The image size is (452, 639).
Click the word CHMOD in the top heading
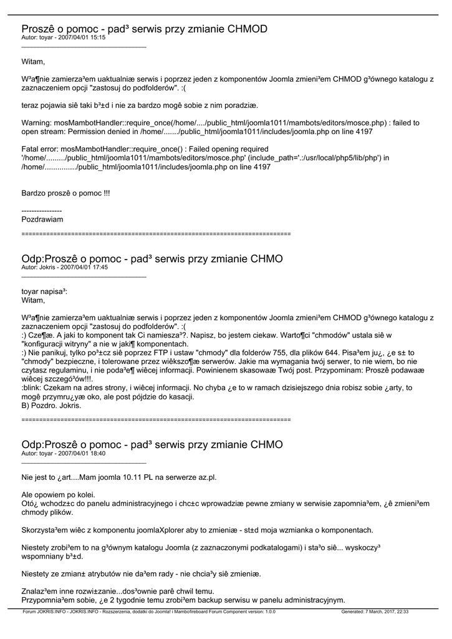click(x=247, y=29)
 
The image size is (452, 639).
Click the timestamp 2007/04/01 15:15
click(x=83, y=37)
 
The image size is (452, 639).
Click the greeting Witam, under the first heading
click(x=33, y=61)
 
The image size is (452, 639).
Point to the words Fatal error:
click(x=41, y=149)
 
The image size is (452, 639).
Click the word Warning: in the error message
click(x=38, y=123)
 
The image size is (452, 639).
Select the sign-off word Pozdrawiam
click(x=42, y=220)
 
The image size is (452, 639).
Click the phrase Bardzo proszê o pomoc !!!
click(x=65, y=193)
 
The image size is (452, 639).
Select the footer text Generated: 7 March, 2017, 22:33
click(x=375, y=612)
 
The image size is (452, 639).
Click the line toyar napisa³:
click(x=44, y=291)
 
